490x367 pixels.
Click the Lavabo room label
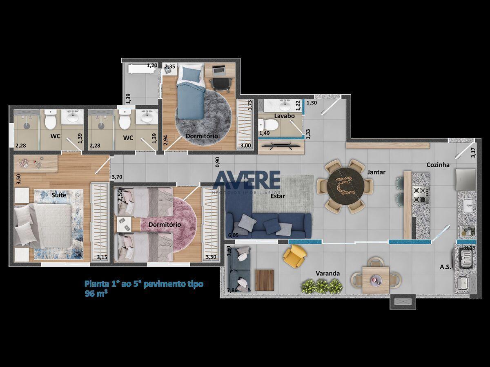pyautogui.click(x=284, y=116)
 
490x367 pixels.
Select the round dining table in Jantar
pyautogui.click(x=345, y=186)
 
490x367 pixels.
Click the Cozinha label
pyautogui.click(x=438, y=165)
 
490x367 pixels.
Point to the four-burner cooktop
pyautogui.click(x=420, y=195)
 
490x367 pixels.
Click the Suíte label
pyautogui.click(x=59, y=195)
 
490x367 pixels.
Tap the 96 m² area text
pyautogui.click(x=96, y=294)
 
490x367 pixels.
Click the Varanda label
pyautogui.click(x=327, y=273)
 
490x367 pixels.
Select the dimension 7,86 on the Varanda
pyautogui.click(x=232, y=290)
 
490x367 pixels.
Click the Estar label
pyautogui.click(x=278, y=196)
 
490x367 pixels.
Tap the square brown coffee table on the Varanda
pyautogui.click(x=265, y=280)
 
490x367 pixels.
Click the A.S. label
pyautogui.click(x=445, y=267)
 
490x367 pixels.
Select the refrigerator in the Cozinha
pyautogui.click(x=465, y=179)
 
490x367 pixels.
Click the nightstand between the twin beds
pyautogui.click(x=124, y=225)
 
